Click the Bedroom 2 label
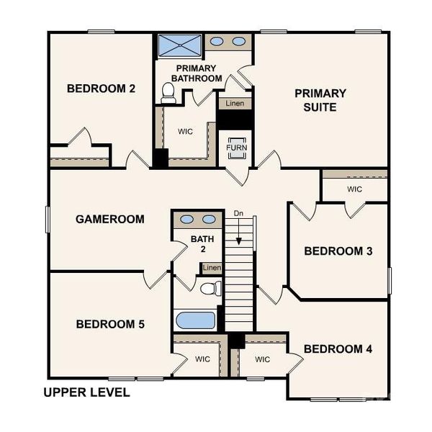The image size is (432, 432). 102,89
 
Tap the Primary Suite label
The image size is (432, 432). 320,100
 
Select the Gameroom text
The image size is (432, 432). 110,219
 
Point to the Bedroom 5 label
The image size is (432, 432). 110,325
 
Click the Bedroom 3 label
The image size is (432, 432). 338,251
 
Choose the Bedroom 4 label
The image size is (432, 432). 338,349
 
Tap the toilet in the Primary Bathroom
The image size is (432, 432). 168,92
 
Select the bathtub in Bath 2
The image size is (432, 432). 194,320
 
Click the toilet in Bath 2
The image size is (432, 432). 210,289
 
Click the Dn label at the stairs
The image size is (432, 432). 239,213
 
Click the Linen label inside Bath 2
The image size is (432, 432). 211,268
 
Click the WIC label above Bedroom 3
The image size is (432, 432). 354,189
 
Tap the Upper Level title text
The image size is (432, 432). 86,392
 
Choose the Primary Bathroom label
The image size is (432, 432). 195,73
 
